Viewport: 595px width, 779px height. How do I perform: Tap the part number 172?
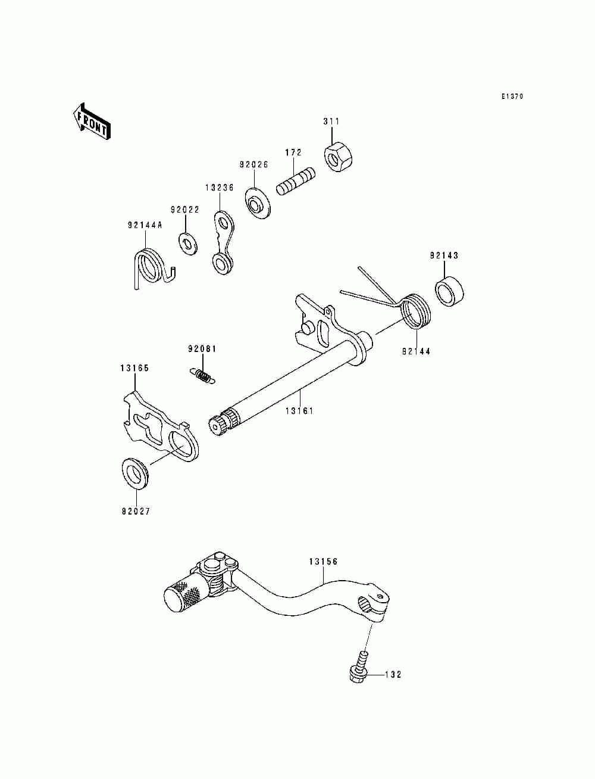point(293,153)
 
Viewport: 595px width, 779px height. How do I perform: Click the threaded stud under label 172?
point(296,180)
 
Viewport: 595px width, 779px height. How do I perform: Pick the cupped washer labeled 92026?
point(258,204)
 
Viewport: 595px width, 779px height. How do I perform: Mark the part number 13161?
point(299,411)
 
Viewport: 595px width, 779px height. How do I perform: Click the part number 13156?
point(323,562)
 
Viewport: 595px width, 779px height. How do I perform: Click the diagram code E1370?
point(511,96)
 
